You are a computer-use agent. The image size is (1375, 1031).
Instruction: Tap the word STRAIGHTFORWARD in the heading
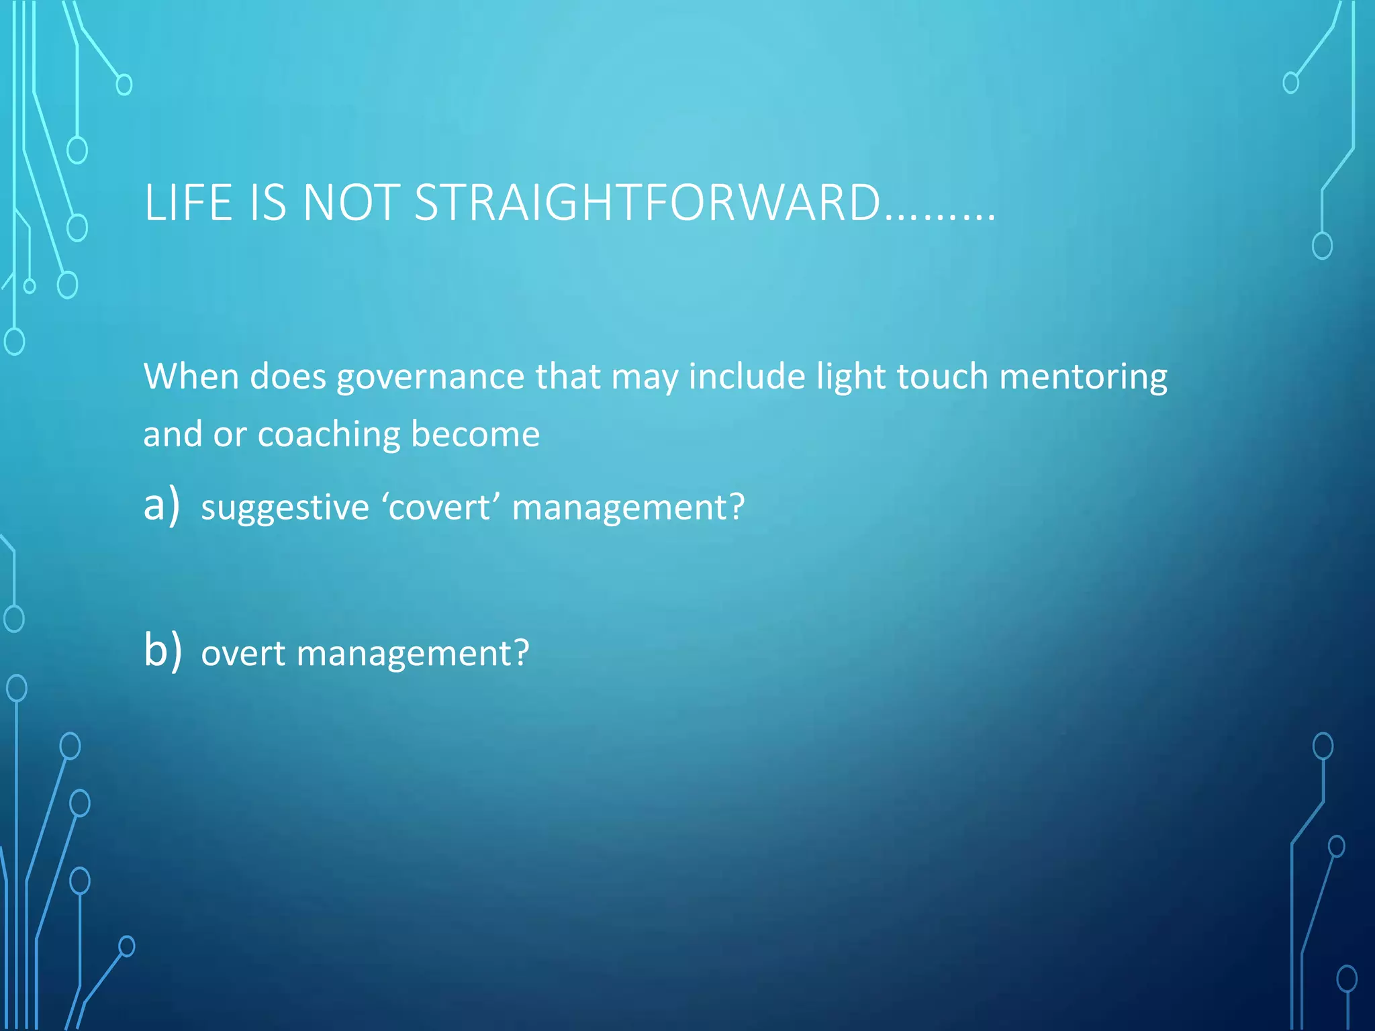point(647,202)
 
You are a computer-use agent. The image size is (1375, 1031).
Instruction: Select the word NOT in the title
point(351,202)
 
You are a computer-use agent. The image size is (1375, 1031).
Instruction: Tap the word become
point(475,434)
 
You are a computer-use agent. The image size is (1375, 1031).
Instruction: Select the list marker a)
point(162,505)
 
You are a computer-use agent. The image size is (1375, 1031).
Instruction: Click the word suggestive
point(285,508)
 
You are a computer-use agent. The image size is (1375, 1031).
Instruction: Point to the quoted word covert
point(440,507)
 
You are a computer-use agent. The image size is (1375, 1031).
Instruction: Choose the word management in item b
point(412,654)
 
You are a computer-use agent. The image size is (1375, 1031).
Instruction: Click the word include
point(747,376)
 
